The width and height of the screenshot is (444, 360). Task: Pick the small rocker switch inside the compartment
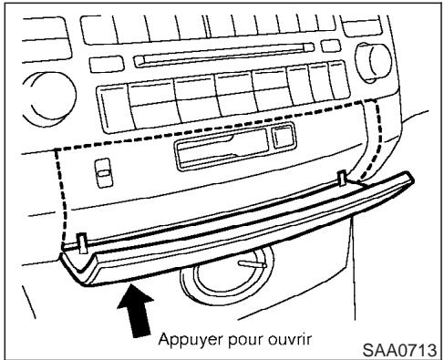tap(100, 171)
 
